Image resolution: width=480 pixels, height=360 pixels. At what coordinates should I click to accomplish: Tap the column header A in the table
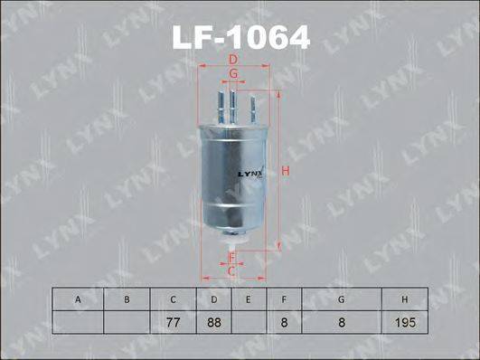[78, 299]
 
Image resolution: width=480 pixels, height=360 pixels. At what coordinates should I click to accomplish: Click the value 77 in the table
[172, 321]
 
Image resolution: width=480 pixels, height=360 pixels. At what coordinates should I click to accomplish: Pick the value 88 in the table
[213, 321]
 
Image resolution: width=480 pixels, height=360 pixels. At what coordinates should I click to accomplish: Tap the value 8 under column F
[283, 321]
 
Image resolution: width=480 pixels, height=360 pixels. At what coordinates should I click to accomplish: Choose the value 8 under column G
[340, 321]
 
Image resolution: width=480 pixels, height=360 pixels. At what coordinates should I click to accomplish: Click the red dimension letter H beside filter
[286, 171]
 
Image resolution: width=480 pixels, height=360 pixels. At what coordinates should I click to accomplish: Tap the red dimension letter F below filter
[231, 258]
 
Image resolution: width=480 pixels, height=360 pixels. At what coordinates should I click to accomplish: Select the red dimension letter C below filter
[231, 270]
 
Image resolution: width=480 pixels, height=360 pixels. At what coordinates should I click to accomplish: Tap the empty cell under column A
[78, 321]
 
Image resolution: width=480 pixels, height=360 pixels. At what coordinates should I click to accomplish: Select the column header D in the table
[213, 299]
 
